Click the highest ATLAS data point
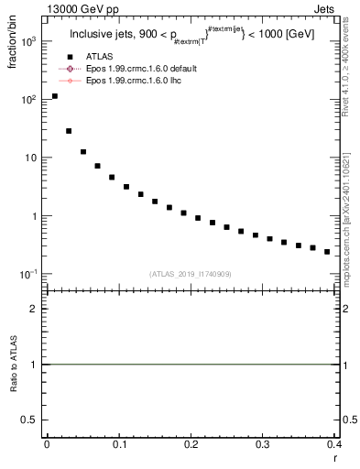(x=55, y=96)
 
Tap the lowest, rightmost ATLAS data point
(x=327, y=251)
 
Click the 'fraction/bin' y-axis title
(x=12, y=45)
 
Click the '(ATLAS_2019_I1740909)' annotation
(x=191, y=273)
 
